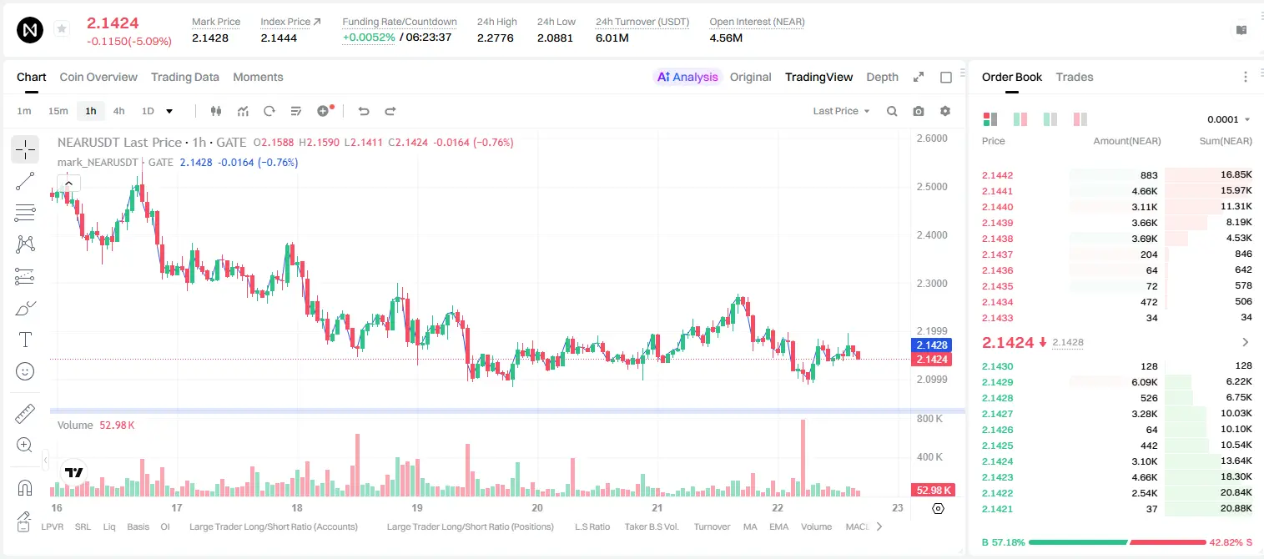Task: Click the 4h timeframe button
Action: coord(118,111)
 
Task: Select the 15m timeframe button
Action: coord(58,111)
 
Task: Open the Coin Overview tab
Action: coord(98,77)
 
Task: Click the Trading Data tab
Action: coord(184,77)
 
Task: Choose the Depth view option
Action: coord(882,77)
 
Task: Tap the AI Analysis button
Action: coord(687,77)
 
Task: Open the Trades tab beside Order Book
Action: coord(1075,77)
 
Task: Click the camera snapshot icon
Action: coord(919,111)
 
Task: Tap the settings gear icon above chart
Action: coord(945,111)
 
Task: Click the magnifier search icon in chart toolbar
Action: coord(892,111)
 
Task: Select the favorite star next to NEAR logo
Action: coord(62,28)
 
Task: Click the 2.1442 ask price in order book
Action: coord(997,175)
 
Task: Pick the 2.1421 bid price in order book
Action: coord(997,509)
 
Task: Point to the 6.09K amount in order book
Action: coord(1144,382)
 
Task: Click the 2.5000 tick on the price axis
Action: coord(932,187)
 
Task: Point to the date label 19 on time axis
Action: coord(417,507)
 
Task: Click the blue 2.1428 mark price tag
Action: coord(931,345)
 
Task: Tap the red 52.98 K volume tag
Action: coord(931,491)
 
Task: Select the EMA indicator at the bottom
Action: coord(778,526)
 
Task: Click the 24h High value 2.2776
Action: coord(495,38)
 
